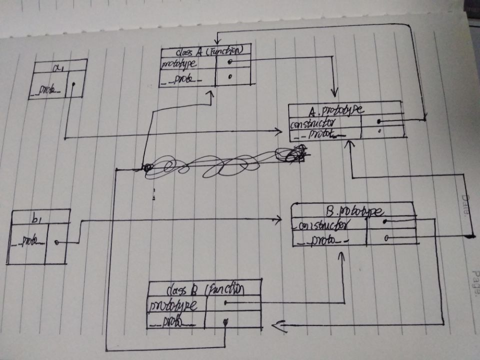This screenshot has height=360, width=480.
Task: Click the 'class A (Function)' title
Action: (206, 51)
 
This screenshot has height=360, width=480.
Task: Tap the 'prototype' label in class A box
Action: (178, 64)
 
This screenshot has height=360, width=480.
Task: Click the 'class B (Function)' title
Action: (205, 289)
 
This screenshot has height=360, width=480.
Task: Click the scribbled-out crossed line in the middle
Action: (225, 162)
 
